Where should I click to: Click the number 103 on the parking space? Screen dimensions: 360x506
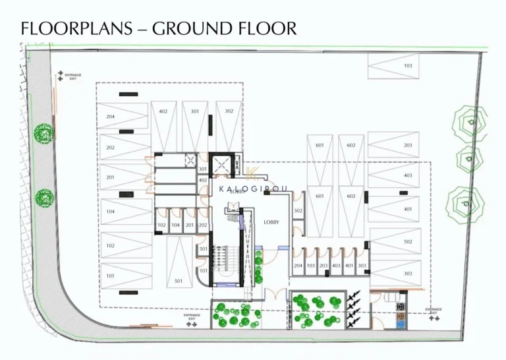click(x=408, y=66)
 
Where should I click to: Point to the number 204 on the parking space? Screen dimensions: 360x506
click(x=110, y=116)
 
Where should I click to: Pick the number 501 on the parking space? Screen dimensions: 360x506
click(x=178, y=281)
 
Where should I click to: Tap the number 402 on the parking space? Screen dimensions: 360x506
click(x=163, y=111)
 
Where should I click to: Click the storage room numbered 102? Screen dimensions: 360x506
click(x=161, y=225)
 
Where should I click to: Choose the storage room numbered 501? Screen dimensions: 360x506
click(x=204, y=249)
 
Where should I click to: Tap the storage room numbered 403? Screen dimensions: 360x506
click(x=336, y=265)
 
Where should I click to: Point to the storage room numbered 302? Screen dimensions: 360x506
click(x=298, y=211)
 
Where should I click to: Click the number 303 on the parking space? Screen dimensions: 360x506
click(x=408, y=274)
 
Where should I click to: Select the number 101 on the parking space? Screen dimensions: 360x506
click(x=110, y=276)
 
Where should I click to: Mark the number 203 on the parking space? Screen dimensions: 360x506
click(x=408, y=145)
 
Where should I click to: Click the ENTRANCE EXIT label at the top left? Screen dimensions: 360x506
click(x=72, y=76)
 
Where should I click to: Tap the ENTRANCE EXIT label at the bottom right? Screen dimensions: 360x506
click(x=433, y=311)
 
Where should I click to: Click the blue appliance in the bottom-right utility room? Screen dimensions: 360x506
click(x=399, y=316)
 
